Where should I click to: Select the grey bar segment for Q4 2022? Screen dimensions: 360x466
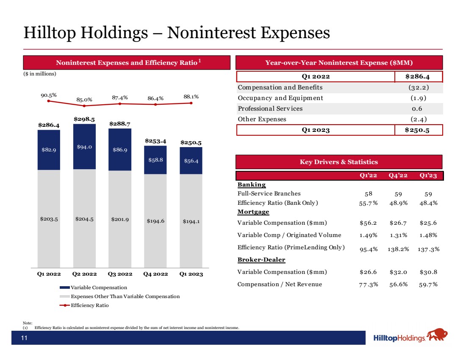155,220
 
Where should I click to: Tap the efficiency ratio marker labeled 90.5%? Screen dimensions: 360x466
49,101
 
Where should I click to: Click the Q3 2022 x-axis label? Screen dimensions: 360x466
120,274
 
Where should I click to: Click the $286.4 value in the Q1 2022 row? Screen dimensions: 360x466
418,77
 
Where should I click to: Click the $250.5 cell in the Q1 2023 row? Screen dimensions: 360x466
418,130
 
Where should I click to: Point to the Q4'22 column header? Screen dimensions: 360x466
398,176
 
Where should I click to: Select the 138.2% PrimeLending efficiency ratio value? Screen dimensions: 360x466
398,249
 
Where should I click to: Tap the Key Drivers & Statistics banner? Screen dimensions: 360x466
339,162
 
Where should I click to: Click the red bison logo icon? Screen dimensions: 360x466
437,336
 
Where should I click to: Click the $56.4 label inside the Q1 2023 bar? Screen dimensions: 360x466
191,161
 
